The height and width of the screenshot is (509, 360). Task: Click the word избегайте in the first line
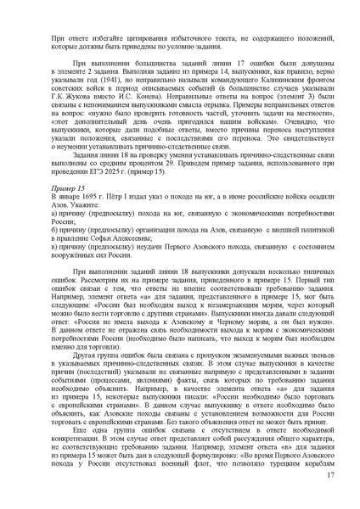pyautogui.click(x=109, y=39)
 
